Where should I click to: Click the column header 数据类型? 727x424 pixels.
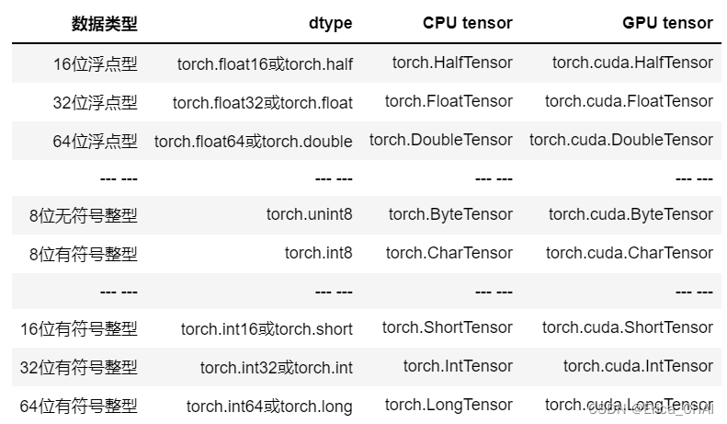[104, 23]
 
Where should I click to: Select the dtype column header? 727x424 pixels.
[331, 23]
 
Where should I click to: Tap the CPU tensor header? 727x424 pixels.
[467, 23]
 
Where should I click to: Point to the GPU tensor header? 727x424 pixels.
[667, 23]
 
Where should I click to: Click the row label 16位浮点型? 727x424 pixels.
[95, 63]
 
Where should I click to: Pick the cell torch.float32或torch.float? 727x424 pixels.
[262, 102]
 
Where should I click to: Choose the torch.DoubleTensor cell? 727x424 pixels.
[441, 140]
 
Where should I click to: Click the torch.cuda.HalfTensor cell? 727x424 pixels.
[632, 63]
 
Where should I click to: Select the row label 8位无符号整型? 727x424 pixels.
[83, 215]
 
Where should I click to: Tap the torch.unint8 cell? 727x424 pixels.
[309, 214]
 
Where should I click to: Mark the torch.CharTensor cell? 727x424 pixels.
[449, 252]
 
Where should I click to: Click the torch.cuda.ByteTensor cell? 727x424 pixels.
[630, 214]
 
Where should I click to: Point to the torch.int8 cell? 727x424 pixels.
[318, 252]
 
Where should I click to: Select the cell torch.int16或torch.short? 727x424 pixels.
[267, 328]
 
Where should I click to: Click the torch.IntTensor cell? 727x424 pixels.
[458, 366]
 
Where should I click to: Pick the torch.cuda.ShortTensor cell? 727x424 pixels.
[628, 327]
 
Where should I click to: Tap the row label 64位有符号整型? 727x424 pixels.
[78, 406]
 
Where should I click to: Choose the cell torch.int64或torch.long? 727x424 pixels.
[269, 406]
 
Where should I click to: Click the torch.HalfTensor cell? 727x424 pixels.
[452, 63]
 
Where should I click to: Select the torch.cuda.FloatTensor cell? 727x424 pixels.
[629, 101]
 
